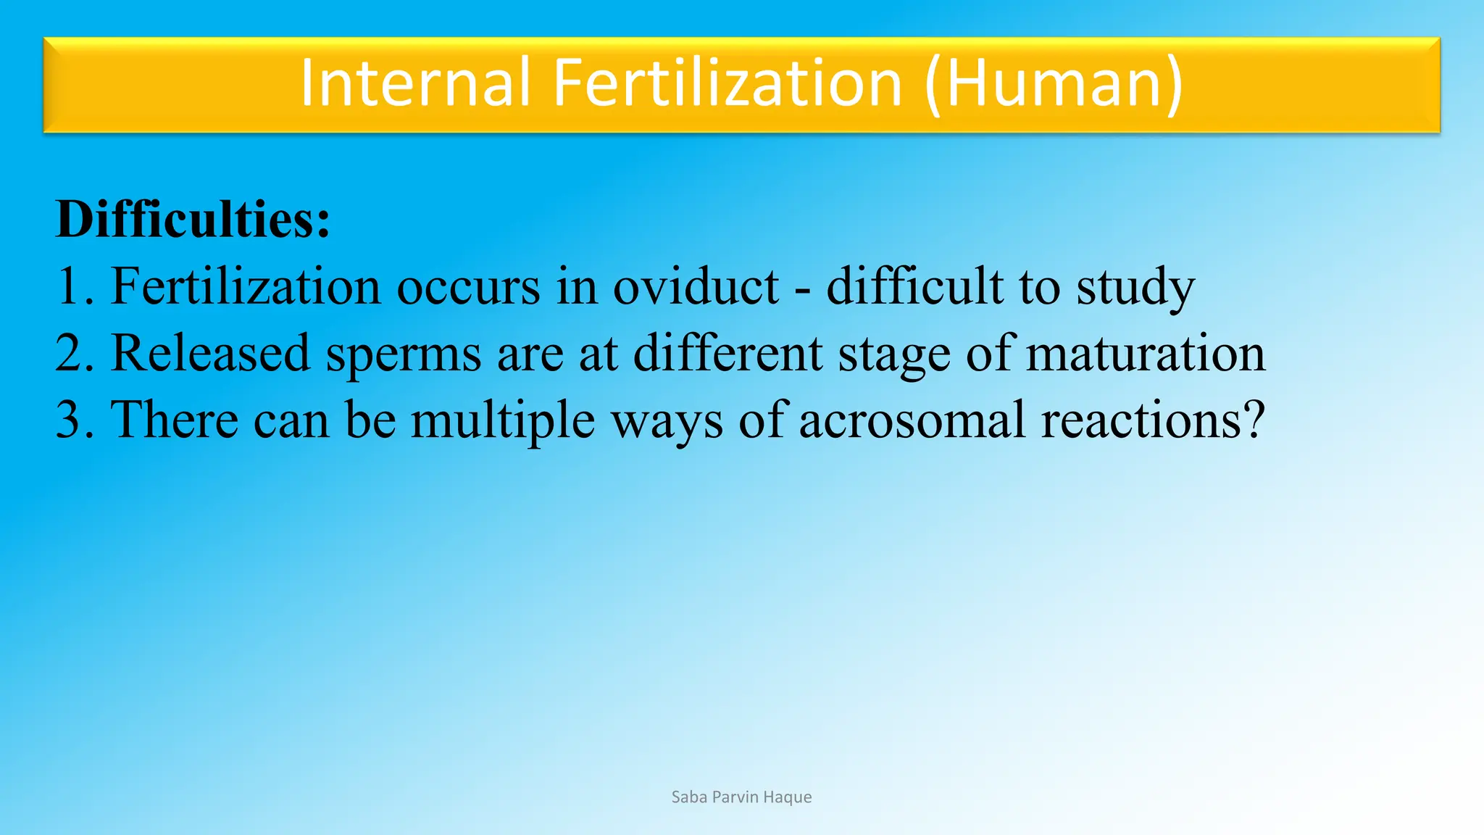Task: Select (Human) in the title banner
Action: tap(1054, 84)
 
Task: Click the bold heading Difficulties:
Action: tap(193, 219)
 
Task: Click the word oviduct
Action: tap(696, 286)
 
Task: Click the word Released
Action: tap(209, 353)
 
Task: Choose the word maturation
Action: tap(1146, 353)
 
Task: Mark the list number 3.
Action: tap(72, 420)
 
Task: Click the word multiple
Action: tap(503, 421)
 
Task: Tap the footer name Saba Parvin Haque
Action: tap(741, 797)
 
